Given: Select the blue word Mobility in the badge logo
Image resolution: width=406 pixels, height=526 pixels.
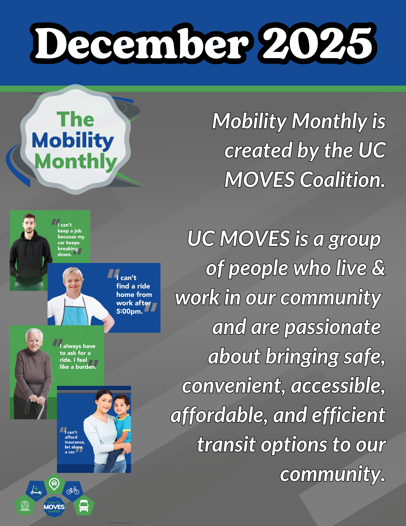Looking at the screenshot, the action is [73, 141].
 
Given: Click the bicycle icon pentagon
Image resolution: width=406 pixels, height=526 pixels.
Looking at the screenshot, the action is [73, 491].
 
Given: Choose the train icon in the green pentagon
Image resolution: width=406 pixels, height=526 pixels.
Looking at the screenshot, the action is [25, 505].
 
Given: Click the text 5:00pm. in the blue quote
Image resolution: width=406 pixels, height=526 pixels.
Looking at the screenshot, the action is [130, 312].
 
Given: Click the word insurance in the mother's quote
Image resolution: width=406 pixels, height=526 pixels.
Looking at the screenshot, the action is [75, 442].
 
